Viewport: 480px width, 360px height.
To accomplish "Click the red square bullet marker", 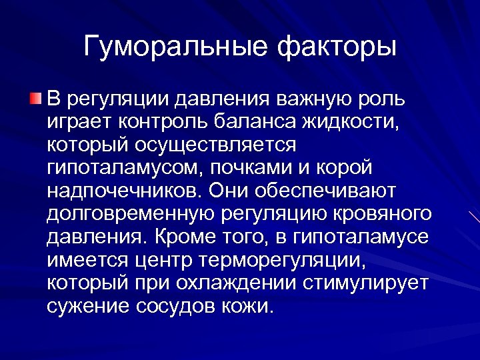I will click(x=35, y=100).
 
